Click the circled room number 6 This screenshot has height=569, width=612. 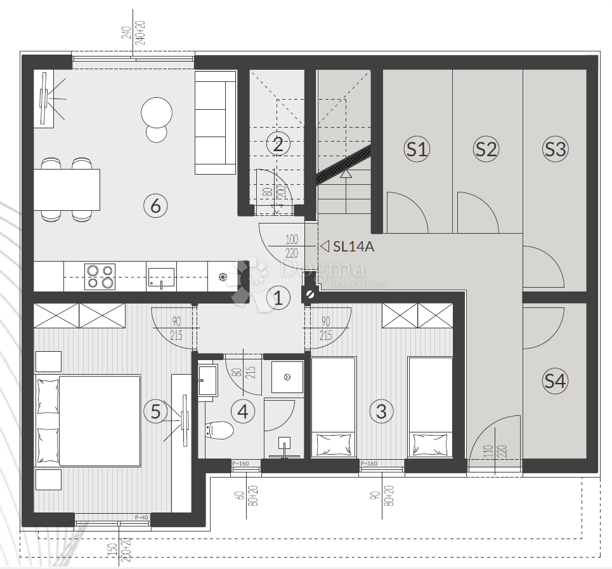155,205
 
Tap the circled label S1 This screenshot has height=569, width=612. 417,149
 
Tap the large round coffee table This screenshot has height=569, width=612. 157,113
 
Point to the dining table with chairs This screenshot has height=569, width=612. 67,189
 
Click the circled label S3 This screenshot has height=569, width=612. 556,149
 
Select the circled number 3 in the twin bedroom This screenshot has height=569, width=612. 381,411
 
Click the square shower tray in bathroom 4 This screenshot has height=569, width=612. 287,377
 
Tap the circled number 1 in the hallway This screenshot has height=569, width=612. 277,297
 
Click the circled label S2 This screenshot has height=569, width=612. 486,149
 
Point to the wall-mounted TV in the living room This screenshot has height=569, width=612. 43,99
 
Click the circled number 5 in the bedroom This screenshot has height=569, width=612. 155,411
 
